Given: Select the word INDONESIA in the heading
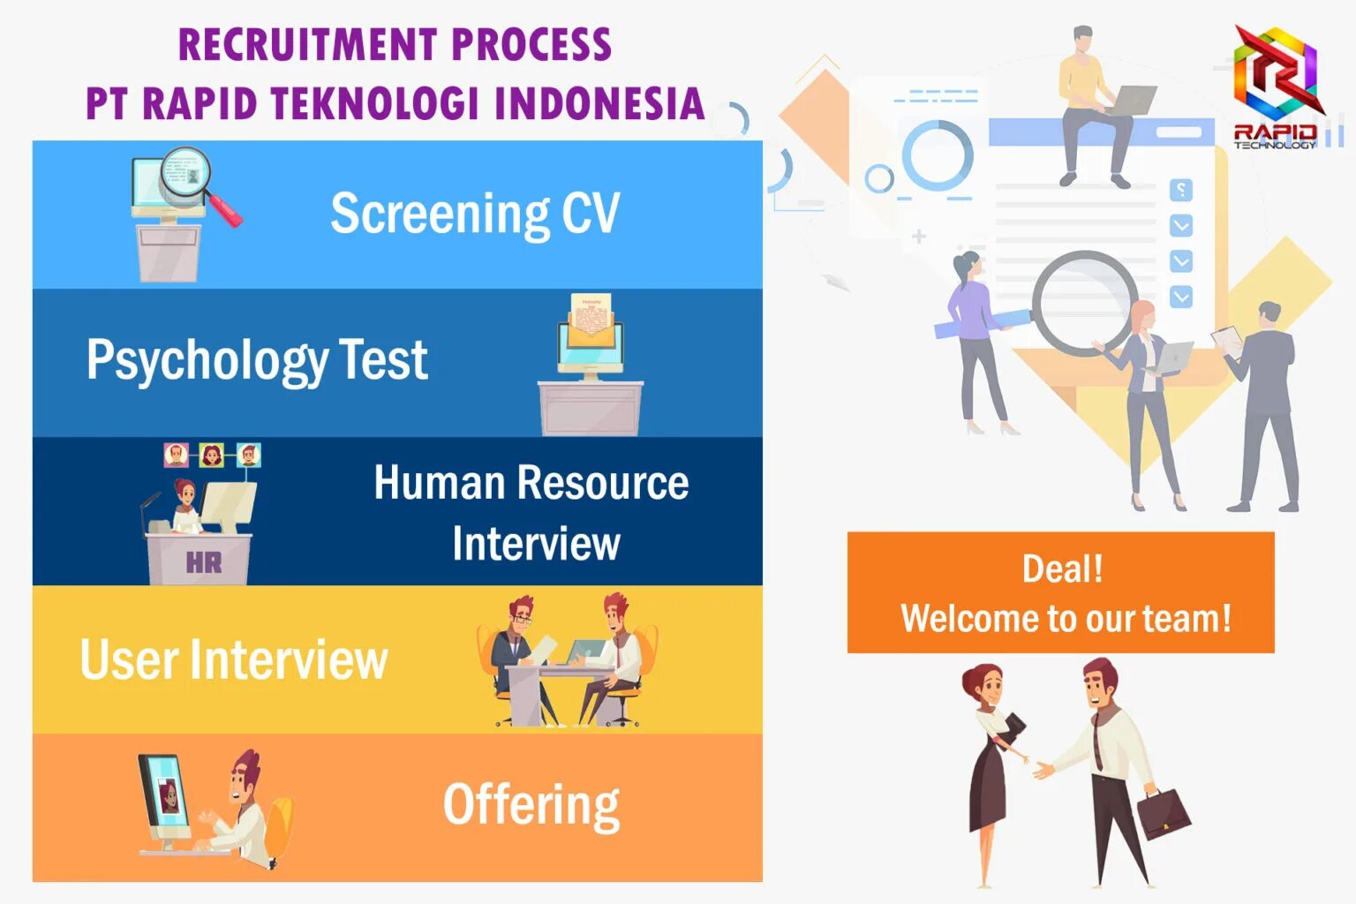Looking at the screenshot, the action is [x=599, y=103].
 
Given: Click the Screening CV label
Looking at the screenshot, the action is [x=475, y=214].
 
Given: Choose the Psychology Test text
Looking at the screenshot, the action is [x=257, y=360].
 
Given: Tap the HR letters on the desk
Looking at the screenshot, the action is [x=203, y=562].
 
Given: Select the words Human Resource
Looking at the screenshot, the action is [x=531, y=483].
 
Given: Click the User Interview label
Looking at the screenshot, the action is [x=234, y=659].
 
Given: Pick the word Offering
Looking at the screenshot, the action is [x=531, y=804].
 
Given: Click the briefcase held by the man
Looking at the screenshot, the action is [x=1163, y=812].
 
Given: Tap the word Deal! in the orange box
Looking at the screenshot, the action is [x=1062, y=569].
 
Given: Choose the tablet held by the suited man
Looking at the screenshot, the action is [x=1226, y=336].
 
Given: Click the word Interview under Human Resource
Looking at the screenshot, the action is [x=536, y=544].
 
